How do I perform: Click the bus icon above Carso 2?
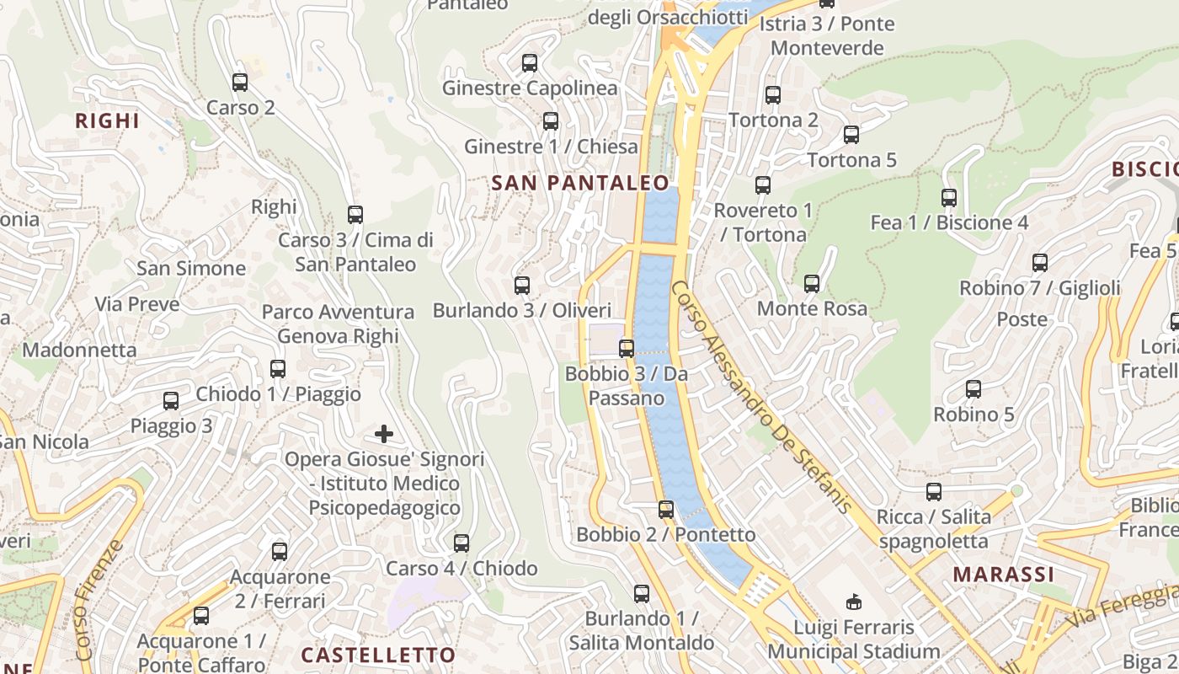240,83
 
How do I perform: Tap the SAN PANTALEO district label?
580,183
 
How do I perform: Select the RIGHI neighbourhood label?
108,120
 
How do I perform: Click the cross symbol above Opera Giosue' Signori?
384,435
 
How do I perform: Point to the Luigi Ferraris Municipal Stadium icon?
854,602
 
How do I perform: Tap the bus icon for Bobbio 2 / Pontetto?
666,510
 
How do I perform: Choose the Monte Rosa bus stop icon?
812,284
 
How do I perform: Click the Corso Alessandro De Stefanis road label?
762,396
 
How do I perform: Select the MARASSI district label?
1004,575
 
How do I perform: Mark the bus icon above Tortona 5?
851,135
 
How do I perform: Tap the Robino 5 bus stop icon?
974,389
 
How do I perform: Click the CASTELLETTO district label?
378,655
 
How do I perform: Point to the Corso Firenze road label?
99,600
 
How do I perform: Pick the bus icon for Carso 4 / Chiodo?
461,543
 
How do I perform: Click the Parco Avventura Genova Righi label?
338,324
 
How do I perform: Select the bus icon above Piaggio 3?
171,401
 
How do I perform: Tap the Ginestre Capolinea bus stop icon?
530,63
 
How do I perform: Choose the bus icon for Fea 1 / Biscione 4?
949,198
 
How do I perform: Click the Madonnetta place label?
79,350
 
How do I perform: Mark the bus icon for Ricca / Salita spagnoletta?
934,492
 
